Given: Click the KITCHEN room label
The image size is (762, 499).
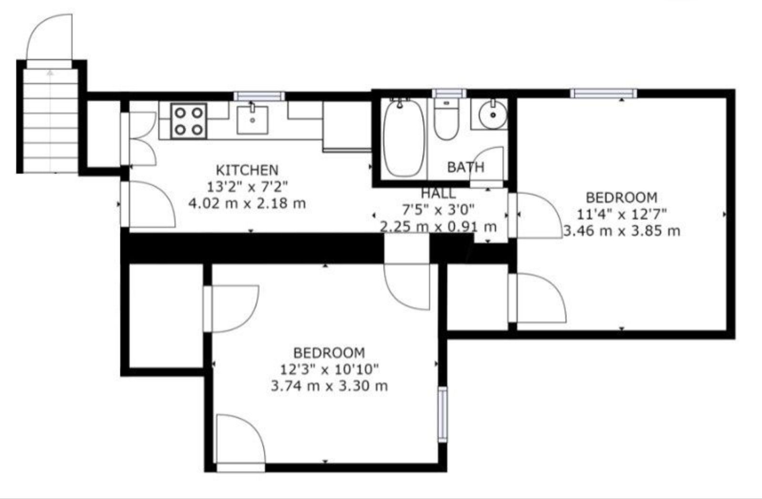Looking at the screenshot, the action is tap(247, 169).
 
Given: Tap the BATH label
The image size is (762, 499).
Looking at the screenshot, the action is tap(465, 167).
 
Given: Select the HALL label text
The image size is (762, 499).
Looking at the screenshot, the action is tap(438, 193).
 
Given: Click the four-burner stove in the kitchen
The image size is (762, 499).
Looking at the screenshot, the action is tap(189, 121).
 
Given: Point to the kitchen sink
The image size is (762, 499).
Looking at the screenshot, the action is tap(252, 119).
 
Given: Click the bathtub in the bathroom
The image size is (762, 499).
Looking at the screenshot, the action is tap(404, 138).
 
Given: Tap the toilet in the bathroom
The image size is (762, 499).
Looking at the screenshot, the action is tap(446, 119).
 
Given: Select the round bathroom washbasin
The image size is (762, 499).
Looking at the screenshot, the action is tap(493, 114).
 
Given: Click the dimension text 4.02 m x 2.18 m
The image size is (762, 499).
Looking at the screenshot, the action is tap(247, 204).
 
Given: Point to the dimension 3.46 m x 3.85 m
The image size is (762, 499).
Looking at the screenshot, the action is tap(622, 231).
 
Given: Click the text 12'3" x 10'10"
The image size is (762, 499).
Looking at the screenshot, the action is tap(330, 369).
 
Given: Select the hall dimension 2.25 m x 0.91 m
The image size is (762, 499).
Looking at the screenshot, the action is tap(438, 226).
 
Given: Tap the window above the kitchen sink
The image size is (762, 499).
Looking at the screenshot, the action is tap(259, 96).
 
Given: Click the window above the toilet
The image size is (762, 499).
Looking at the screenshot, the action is tap(449, 94).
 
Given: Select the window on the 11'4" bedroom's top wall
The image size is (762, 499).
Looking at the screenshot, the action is tap(604, 94).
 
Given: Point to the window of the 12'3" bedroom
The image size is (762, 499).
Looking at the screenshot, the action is tap(443, 414).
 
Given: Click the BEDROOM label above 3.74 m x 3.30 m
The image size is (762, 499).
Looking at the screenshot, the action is tap(329, 353).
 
